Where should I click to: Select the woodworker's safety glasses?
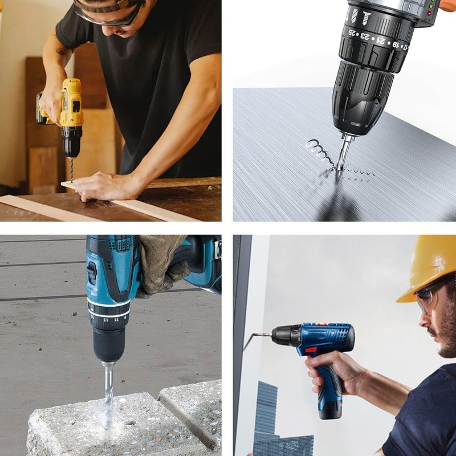108,17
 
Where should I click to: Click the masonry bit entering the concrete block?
108,393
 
